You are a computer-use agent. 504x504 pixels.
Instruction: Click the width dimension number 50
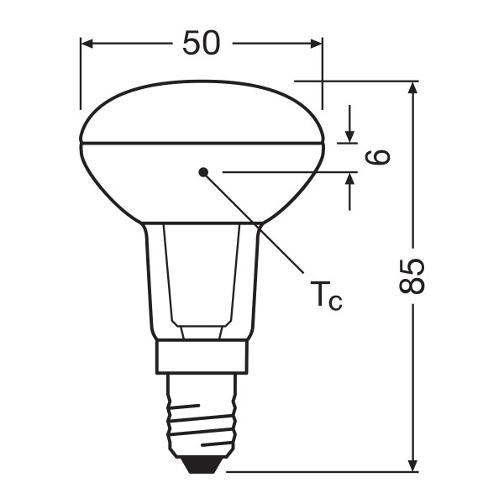(x=202, y=43)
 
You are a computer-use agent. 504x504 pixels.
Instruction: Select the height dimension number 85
(x=412, y=276)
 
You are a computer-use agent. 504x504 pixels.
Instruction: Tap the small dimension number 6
(x=378, y=157)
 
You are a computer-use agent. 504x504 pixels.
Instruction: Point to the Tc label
(x=326, y=296)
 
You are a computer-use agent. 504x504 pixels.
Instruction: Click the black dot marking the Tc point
(x=203, y=172)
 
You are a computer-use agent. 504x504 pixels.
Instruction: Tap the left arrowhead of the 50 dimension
(x=87, y=44)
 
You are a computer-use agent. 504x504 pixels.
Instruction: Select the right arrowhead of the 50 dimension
(x=316, y=44)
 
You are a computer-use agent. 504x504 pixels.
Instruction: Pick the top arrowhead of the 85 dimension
(x=412, y=87)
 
